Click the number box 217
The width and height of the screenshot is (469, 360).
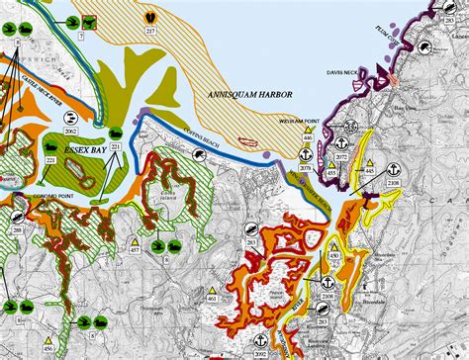click(150, 33)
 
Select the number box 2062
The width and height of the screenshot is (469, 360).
click(71, 131)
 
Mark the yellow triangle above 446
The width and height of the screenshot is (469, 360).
click(308, 129)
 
